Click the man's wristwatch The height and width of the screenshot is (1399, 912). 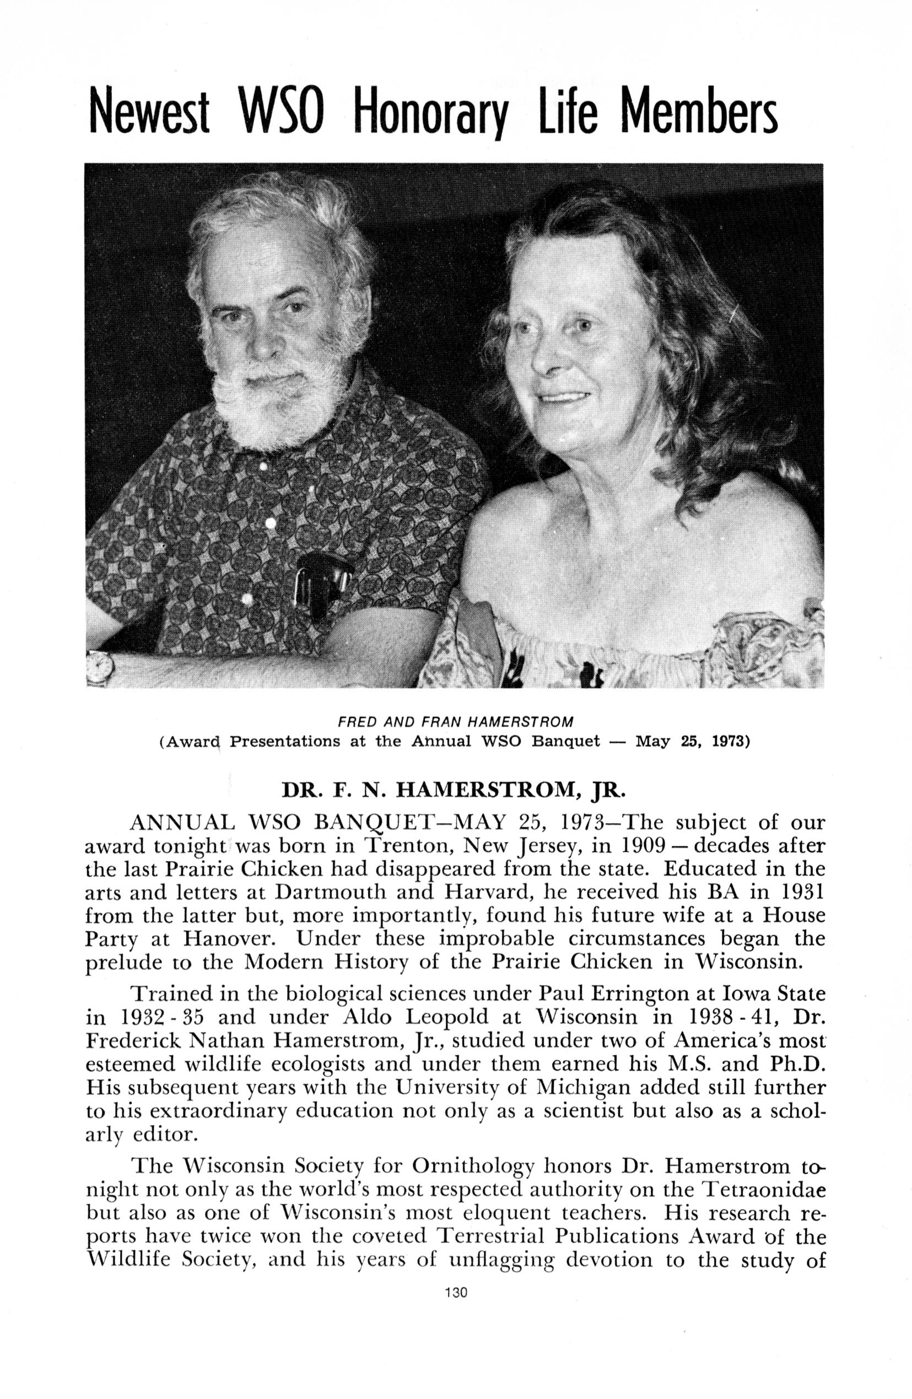[98, 667]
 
